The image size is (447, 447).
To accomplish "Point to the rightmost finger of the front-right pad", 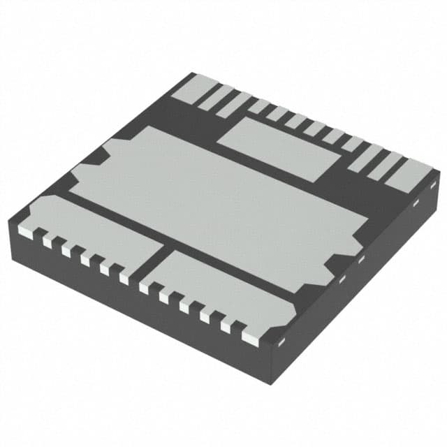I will [x=249, y=336].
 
